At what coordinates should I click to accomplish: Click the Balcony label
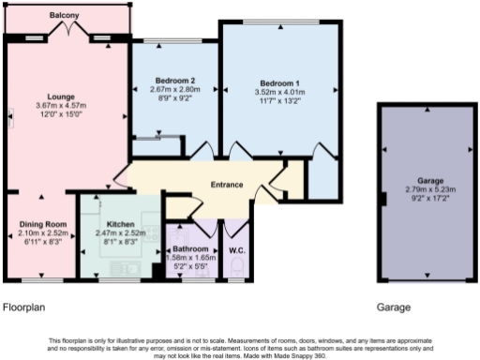pos(66,16)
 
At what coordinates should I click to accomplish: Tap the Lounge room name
pos(66,95)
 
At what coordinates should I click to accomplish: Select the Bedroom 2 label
pos(174,82)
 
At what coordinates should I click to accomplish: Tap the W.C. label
pos(236,251)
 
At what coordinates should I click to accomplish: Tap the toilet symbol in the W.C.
pos(237,273)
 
